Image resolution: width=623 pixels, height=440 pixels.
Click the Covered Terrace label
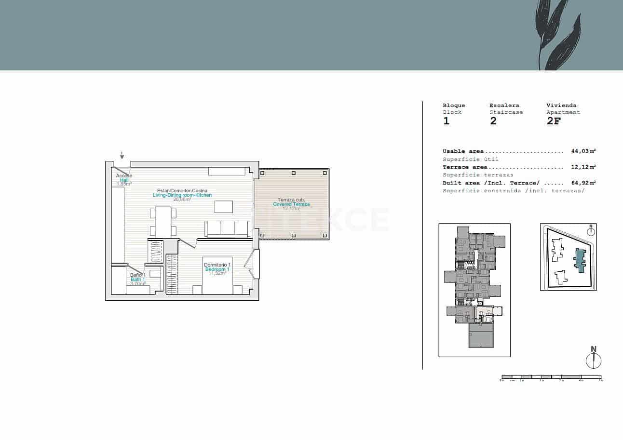(x=291, y=204)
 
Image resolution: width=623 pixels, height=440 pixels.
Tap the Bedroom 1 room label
(x=217, y=269)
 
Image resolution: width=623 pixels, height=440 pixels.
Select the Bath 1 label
(x=137, y=280)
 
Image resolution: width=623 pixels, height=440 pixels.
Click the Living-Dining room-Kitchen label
(x=182, y=195)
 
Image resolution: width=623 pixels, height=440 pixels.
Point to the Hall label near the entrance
(x=124, y=180)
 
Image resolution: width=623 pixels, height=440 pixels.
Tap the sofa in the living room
(x=228, y=228)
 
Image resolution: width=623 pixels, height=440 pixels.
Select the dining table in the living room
(x=163, y=221)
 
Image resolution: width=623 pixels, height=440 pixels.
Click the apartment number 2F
(x=554, y=121)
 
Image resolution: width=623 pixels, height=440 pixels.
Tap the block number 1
(x=446, y=121)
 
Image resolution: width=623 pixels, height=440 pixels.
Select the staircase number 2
(x=493, y=121)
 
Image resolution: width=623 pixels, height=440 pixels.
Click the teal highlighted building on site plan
(x=579, y=261)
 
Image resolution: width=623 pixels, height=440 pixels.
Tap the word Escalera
(x=504, y=105)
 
